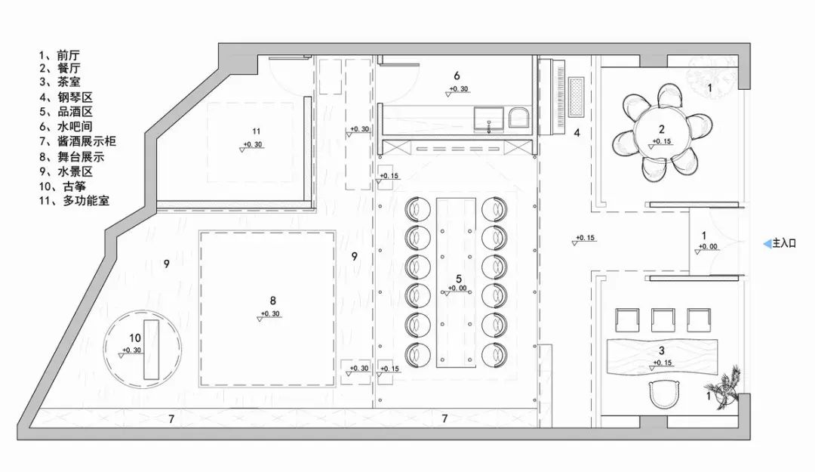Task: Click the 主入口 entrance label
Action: tap(786, 243)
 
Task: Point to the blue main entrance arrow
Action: tap(767, 243)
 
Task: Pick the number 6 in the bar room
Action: tap(457, 76)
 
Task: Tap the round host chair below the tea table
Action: tap(665, 393)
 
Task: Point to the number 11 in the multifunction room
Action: tap(256, 131)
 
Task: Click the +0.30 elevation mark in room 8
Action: tap(270, 314)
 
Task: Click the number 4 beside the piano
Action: tap(577, 133)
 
